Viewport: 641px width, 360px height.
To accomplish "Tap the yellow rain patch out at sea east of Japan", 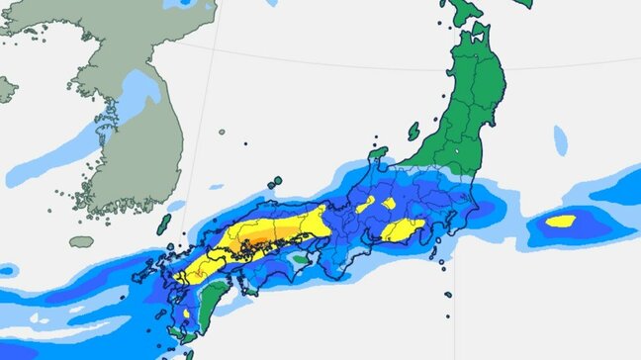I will [x=561, y=221].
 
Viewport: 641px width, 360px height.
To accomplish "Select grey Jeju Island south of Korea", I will [x=81, y=241].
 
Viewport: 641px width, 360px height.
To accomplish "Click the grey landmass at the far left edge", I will [x=6, y=89].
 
